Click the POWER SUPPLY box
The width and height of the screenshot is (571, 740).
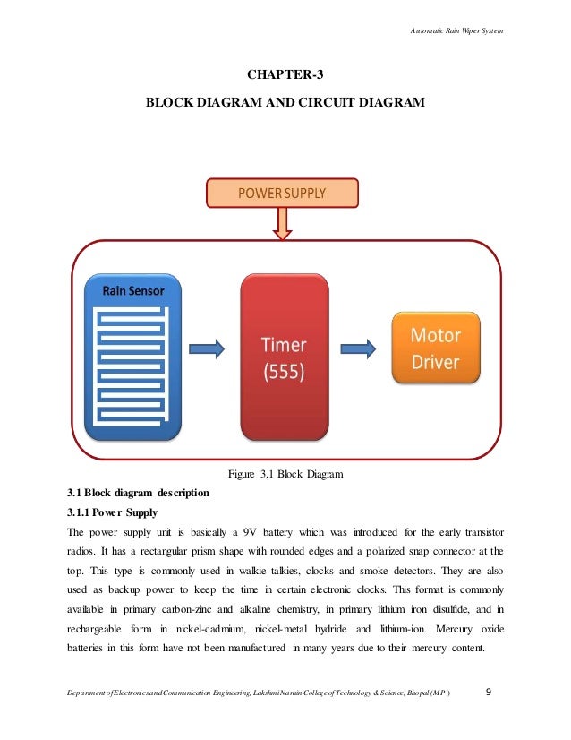(282, 193)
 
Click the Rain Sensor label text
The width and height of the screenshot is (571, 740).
(132, 289)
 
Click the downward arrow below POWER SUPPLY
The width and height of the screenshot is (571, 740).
(283, 223)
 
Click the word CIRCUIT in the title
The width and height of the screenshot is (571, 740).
(337, 104)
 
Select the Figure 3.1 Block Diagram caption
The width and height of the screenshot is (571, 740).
(285, 472)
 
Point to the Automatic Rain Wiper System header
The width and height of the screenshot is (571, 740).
(456, 31)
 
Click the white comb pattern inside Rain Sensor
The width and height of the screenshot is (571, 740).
(132, 363)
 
